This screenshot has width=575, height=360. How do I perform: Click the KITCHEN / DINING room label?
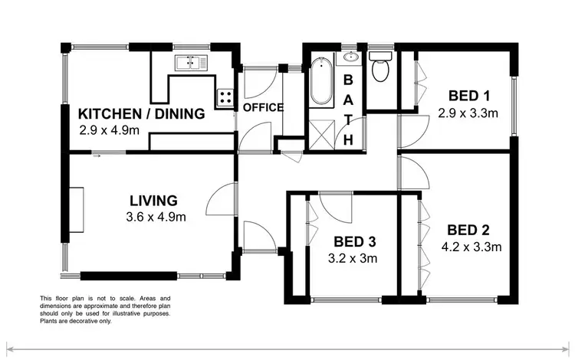(x=142, y=114)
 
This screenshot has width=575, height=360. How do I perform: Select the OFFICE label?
(x=263, y=107)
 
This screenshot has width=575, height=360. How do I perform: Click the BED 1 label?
(x=468, y=96)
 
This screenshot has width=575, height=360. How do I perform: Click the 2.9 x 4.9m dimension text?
(x=109, y=130)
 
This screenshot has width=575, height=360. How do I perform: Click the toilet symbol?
(x=379, y=70)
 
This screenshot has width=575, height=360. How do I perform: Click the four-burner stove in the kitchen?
(x=226, y=97)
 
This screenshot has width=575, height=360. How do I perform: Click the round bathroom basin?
(x=351, y=57)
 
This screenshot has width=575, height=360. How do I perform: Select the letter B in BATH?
(x=347, y=78)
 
